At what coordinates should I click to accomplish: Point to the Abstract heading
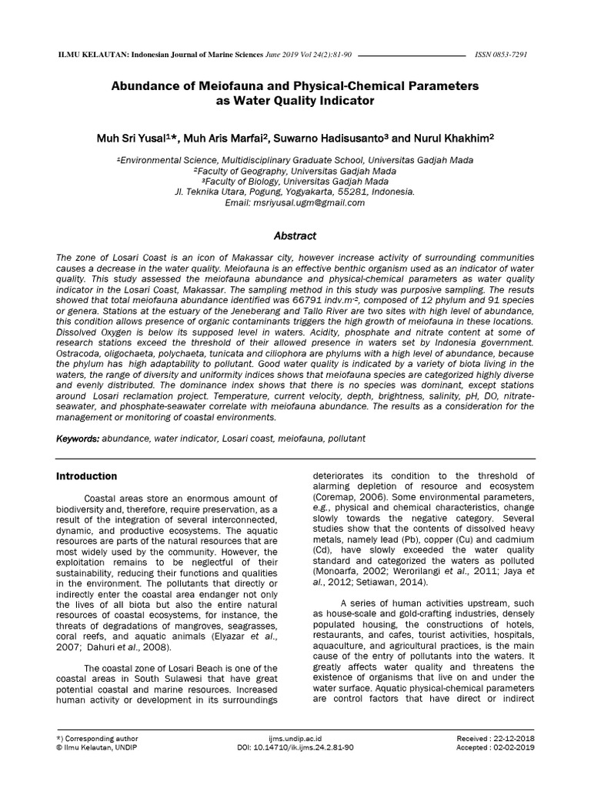pos(295,235)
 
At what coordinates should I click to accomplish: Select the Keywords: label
pos(78,438)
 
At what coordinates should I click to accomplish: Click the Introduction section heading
pos(87,476)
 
